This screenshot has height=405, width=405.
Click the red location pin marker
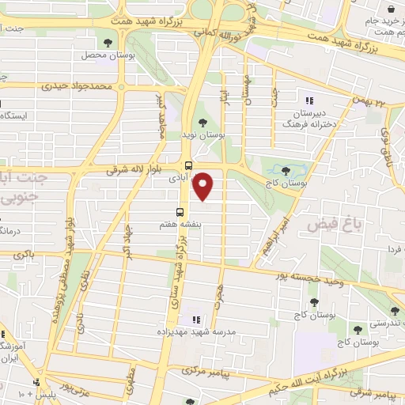tap(204, 187)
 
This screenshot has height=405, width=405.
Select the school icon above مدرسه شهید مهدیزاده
tap(195, 320)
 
